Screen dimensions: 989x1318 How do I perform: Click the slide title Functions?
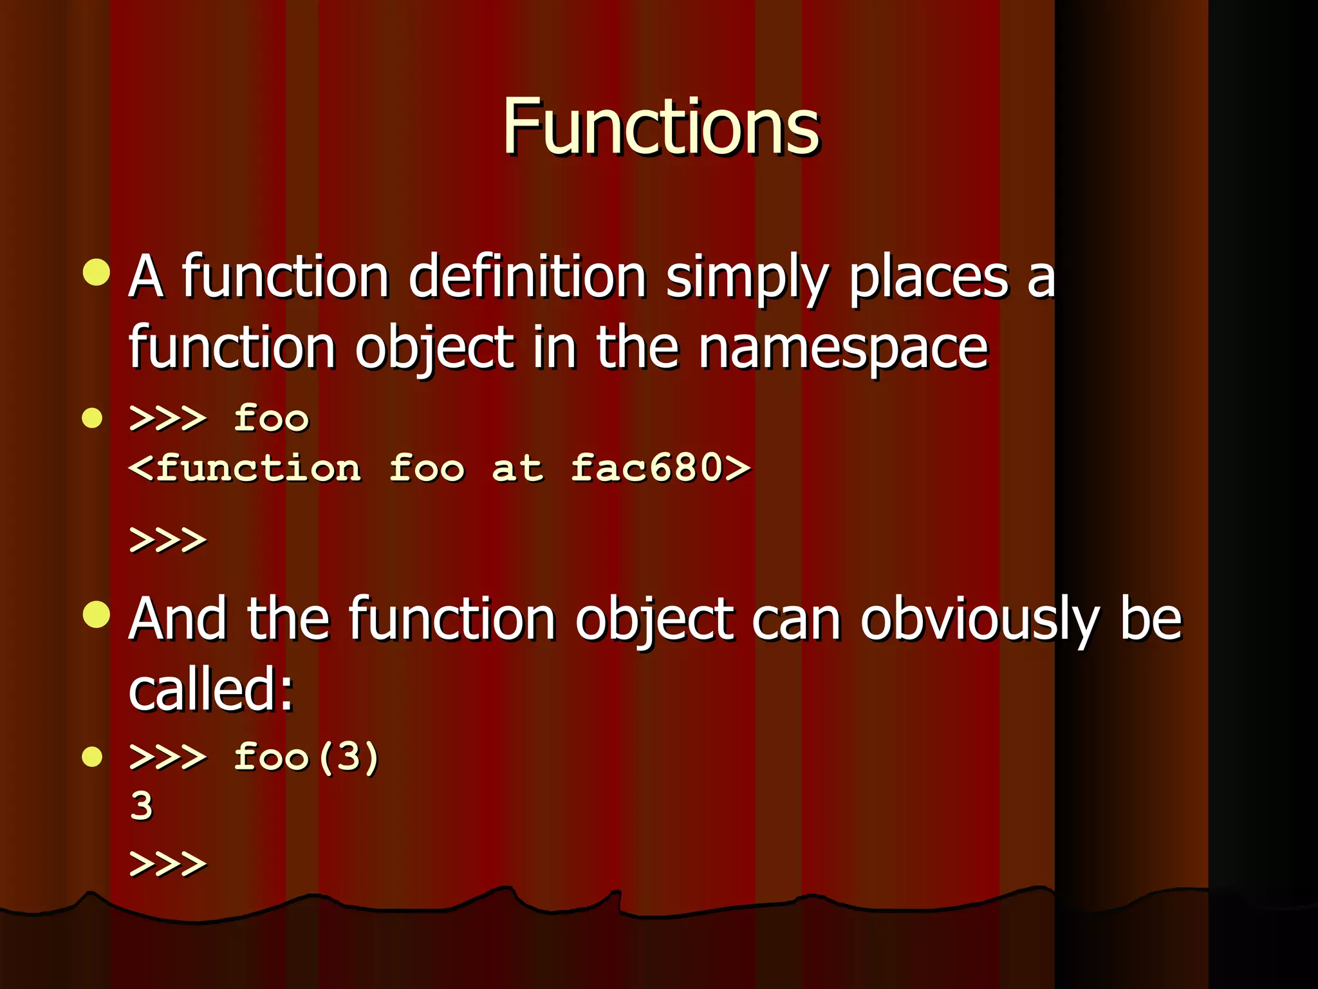[x=660, y=126]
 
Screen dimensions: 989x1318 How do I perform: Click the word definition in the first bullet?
[x=527, y=277]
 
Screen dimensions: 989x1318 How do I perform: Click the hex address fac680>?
[x=660, y=467]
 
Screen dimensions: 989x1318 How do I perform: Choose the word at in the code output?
[x=517, y=469]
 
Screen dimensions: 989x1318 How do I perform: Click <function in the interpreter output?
[x=245, y=467]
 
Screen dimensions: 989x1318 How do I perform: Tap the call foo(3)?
[x=306, y=757]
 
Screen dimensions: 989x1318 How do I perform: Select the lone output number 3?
[x=142, y=806]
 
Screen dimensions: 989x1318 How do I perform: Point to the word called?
[x=210, y=690]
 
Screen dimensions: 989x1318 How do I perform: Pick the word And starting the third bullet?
[x=178, y=619]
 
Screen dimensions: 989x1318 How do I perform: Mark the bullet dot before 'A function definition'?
[x=97, y=272]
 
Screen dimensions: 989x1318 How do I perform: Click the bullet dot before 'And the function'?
[x=97, y=614]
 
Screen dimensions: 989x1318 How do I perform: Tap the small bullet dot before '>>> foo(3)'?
[x=93, y=757]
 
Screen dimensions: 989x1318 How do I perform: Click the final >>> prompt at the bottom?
[x=168, y=863]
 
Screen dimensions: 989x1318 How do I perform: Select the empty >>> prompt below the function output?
[x=168, y=540]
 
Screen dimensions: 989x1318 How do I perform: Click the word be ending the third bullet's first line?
[x=1151, y=619]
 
